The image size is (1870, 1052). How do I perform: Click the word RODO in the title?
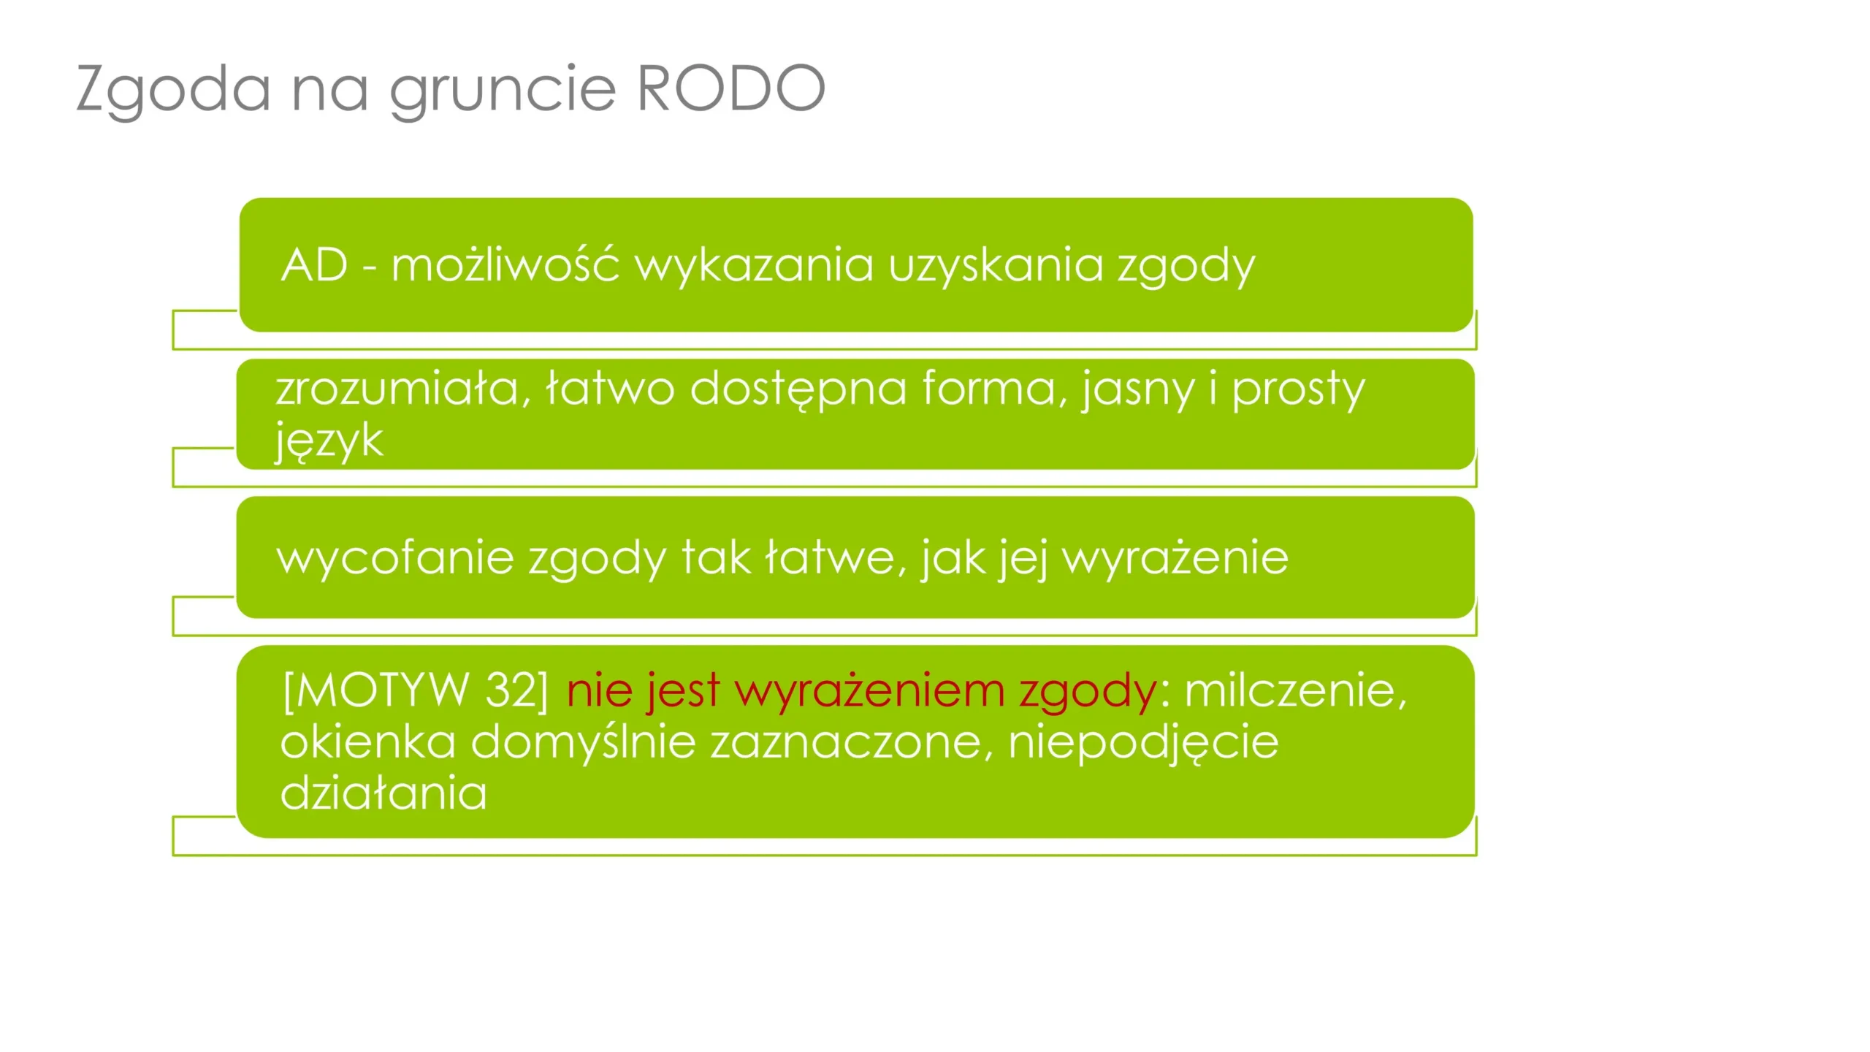click(731, 88)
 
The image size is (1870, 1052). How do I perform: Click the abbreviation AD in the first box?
click(315, 264)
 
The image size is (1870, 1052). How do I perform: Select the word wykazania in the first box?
click(754, 266)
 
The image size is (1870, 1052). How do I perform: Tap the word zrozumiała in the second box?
click(403, 389)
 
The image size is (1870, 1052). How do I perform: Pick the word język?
click(329, 441)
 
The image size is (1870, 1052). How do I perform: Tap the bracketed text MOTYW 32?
click(415, 690)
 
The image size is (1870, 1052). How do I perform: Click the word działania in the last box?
click(383, 793)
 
